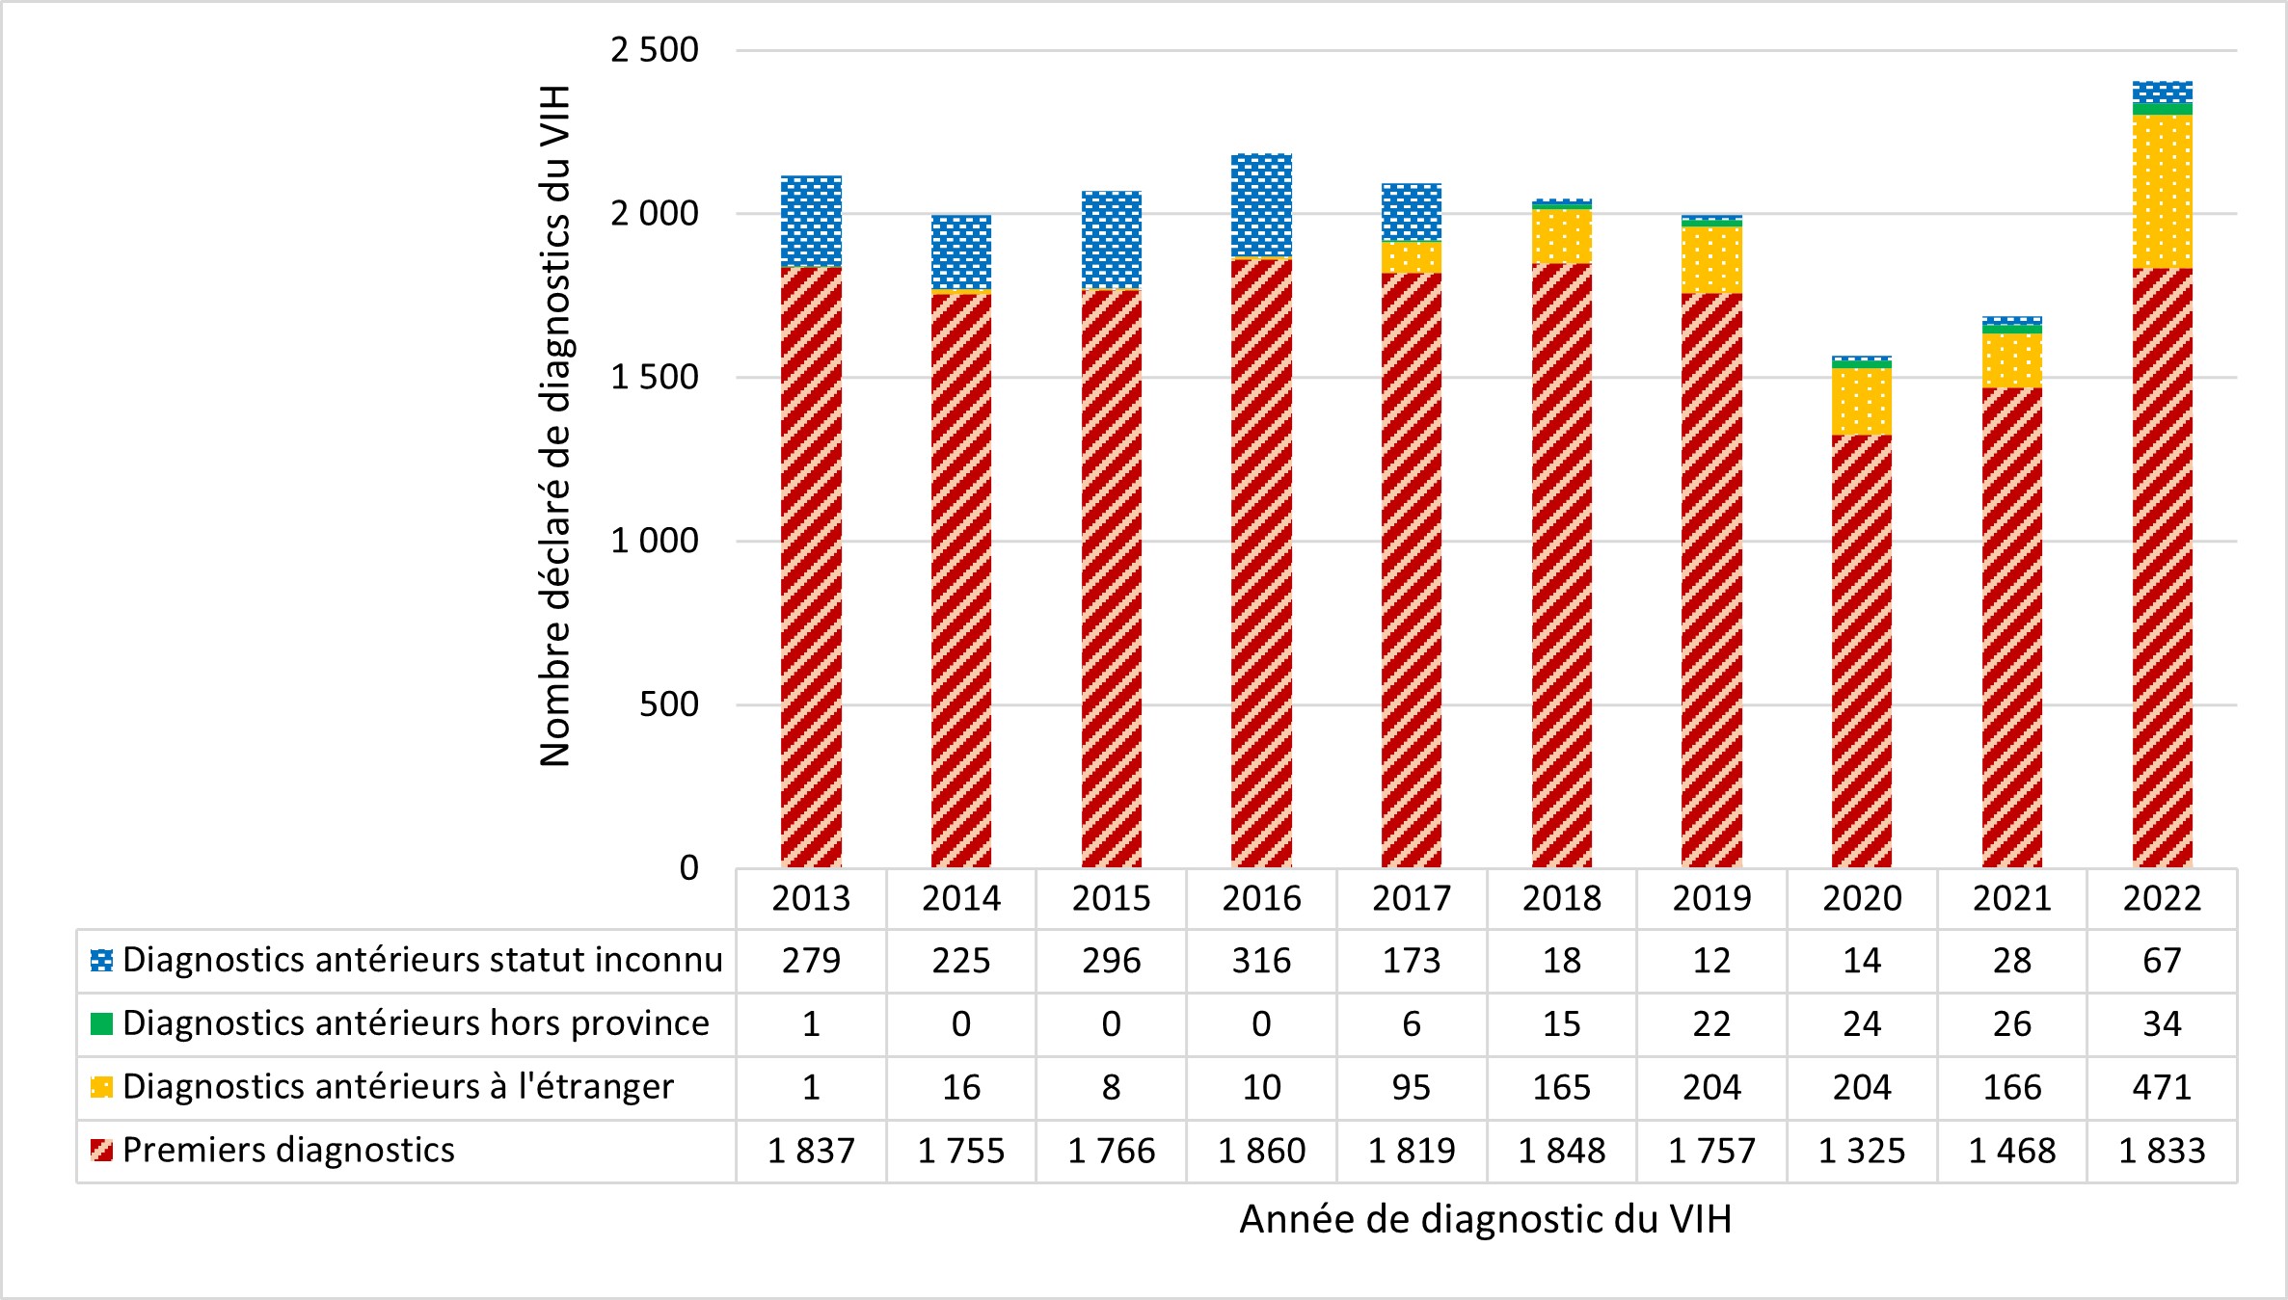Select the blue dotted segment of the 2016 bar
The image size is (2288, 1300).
(1261, 205)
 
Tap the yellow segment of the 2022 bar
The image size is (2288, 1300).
(2162, 191)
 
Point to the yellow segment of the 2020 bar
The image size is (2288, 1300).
(1861, 401)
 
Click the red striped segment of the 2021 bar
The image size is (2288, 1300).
(2011, 626)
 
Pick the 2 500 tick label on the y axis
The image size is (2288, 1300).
(655, 50)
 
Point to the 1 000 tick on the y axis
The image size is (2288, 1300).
(655, 541)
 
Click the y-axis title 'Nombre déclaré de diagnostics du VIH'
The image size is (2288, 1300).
(555, 426)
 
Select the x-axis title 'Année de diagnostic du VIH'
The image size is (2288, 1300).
(1485, 1219)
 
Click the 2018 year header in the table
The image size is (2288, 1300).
(1561, 898)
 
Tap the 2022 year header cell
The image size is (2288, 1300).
(2162, 898)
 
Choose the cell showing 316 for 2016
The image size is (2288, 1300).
(1261, 961)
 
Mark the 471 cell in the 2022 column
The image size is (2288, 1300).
(2162, 1087)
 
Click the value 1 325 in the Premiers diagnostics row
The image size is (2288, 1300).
(1861, 1151)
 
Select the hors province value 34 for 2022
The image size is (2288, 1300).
(2162, 1023)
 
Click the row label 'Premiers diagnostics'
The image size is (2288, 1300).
(288, 1150)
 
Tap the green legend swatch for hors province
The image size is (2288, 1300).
(101, 1023)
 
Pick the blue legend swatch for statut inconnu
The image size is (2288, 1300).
(101, 960)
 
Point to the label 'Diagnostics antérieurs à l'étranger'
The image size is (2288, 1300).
(397, 1086)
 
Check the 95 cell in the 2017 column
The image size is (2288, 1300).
(1411, 1087)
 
